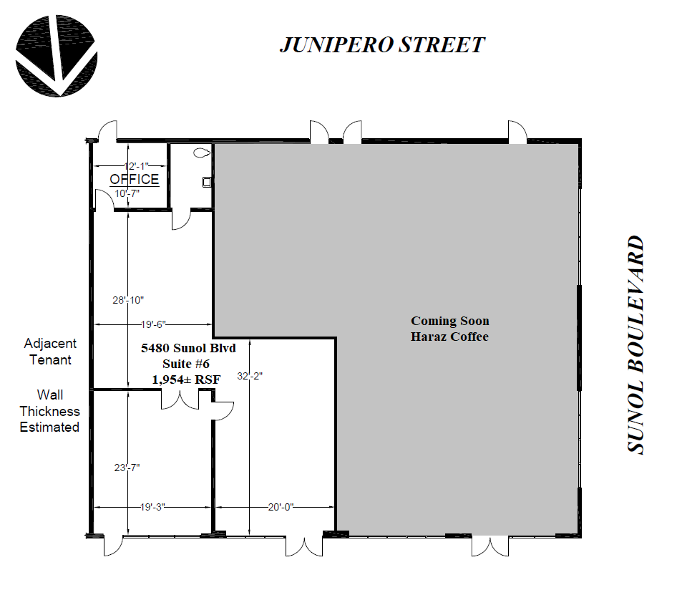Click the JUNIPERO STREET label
pos(382,45)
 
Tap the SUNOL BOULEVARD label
pos(635,344)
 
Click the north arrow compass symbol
pos(56,56)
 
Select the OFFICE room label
pos(135,179)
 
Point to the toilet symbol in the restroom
pos(202,153)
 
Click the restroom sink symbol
pos(207,183)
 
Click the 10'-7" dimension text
pos(127,193)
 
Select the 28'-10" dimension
pos(128,300)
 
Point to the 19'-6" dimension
pos(153,324)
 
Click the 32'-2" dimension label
pos(250,376)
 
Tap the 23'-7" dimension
pos(127,468)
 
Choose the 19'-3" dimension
pos(152,507)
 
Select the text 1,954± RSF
pos(186,379)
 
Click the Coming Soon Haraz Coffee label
pos(449,329)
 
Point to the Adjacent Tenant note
pos(50,352)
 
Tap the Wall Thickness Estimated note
pos(49,411)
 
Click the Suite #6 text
pos(186,364)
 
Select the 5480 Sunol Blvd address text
pos(188,348)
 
